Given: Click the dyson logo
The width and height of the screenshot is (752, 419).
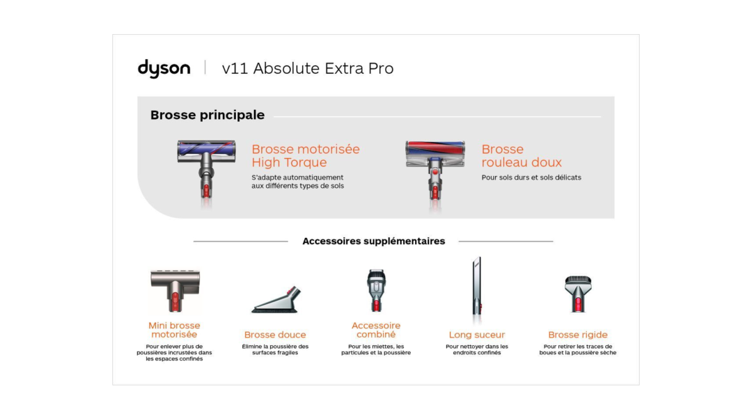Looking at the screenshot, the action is click(x=164, y=68).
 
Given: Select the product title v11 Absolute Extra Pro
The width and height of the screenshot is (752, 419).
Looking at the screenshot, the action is click(x=308, y=68).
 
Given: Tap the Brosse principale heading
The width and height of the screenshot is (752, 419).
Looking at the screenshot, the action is click(x=207, y=115).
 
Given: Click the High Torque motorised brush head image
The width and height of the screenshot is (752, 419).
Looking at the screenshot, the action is click(x=206, y=171).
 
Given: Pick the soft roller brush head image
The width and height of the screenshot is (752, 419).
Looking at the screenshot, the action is click(x=435, y=173).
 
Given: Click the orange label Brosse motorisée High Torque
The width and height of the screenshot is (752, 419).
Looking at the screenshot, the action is click(x=306, y=155).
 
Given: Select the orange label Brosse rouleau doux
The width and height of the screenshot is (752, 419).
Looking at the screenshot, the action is click(x=522, y=155).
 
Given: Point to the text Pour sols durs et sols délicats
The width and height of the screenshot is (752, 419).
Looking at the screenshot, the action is click(x=531, y=177).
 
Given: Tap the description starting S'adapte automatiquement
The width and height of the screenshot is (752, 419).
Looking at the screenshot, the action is click(x=298, y=182).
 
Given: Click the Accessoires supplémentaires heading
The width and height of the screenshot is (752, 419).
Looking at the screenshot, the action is click(x=374, y=241).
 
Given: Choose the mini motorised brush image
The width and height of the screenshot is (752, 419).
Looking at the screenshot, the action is click(x=175, y=290).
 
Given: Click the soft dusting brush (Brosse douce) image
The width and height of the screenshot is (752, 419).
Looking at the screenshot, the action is click(x=276, y=299).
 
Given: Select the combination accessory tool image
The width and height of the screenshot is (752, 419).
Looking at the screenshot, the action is click(x=376, y=290).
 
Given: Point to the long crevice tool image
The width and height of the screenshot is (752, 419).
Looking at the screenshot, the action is click(x=477, y=287).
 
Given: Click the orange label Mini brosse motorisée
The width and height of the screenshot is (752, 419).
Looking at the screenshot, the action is click(x=174, y=330).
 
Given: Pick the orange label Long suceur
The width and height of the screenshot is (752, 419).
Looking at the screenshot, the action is click(x=477, y=335).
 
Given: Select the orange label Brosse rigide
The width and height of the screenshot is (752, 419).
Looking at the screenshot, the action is click(x=578, y=335).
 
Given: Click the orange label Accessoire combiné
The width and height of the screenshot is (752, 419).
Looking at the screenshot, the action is click(x=376, y=330).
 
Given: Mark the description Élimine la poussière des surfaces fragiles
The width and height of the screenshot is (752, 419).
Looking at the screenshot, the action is click(x=275, y=349).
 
